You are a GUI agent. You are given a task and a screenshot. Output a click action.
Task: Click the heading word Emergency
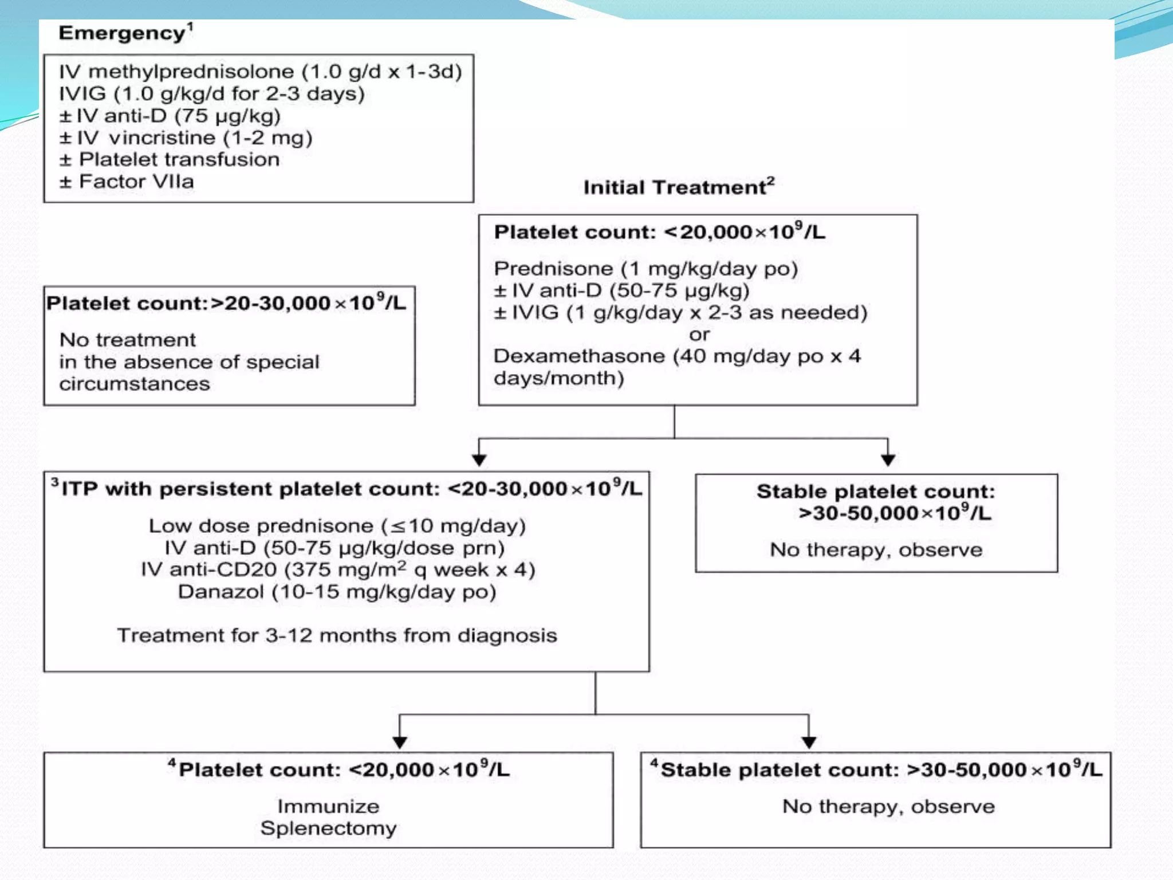(x=121, y=33)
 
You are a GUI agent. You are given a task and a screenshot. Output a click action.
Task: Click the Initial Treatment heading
(x=675, y=187)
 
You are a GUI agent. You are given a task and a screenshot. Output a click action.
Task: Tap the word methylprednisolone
(x=191, y=72)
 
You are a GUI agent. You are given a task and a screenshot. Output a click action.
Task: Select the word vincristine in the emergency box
(x=162, y=138)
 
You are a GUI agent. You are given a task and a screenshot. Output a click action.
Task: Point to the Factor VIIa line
(x=136, y=182)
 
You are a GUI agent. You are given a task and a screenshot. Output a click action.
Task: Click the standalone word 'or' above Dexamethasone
(x=699, y=335)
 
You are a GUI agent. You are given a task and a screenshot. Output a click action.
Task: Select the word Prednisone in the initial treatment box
(x=553, y=269)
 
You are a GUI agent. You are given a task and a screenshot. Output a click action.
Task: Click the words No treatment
(x=128, y=340)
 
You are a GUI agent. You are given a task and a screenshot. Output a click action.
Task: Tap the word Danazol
(x=221, y=592)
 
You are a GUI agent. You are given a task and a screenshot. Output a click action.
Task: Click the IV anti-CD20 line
(x=338, y=570)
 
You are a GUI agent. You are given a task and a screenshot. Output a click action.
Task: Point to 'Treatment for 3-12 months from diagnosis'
(x=337, y=635)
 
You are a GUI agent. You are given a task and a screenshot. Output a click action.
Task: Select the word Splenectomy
(x=328, y=828)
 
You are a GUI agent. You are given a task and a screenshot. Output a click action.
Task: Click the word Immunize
(x=328, y=807)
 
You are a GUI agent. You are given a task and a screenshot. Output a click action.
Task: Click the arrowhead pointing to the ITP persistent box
(x=479, y=460)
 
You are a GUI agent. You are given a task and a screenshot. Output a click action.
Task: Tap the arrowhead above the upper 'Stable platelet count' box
(x=888, y=460)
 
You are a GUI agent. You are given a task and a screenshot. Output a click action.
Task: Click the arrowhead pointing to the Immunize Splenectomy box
(x=400, y=742)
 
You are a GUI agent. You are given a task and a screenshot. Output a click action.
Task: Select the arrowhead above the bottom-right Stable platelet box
(x=809, y=742)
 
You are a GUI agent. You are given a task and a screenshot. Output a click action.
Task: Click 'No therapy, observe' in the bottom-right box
(x=888, y=807)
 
